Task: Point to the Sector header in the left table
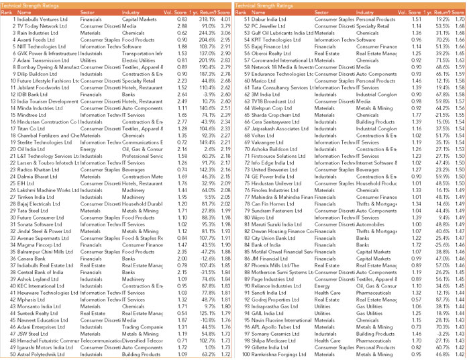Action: [89, 13]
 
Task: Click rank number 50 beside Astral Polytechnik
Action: [6, 353]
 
